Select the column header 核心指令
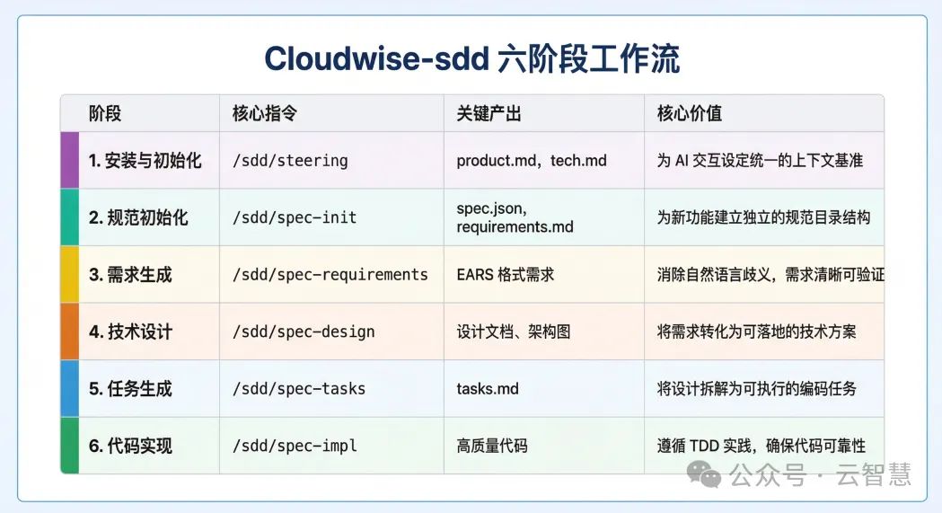[264, 114]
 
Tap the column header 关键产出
[489, 114]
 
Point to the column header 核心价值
[690, 114]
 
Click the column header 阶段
[105, 114]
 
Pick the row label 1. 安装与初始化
[145, 161]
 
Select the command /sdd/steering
[290, 161]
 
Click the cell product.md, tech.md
[532, 161]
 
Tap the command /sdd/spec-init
[295, 217]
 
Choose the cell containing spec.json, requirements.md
[515, 217]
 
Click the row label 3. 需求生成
[130, 275]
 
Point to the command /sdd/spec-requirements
[330, 275]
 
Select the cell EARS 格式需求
[506, 275]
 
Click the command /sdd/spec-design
[304, 332]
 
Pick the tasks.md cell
[488, 389]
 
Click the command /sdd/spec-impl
[295, 446]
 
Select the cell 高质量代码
[492, 446]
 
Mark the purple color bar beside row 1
[69, 161]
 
